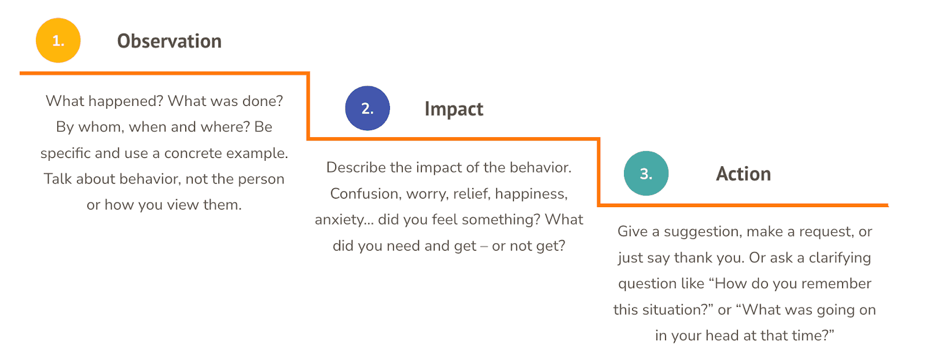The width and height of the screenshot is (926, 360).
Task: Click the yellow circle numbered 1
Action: point(58,41)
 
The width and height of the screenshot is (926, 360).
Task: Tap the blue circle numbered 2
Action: point(368,108)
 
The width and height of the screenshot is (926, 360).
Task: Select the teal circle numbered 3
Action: point(646,173)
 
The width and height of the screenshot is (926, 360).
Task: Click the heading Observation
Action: point(170,41)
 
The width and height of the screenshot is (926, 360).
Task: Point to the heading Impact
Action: point(454,109)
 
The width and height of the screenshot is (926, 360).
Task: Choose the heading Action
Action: point(744,174)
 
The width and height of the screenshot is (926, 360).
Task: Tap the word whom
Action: point(101,127)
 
